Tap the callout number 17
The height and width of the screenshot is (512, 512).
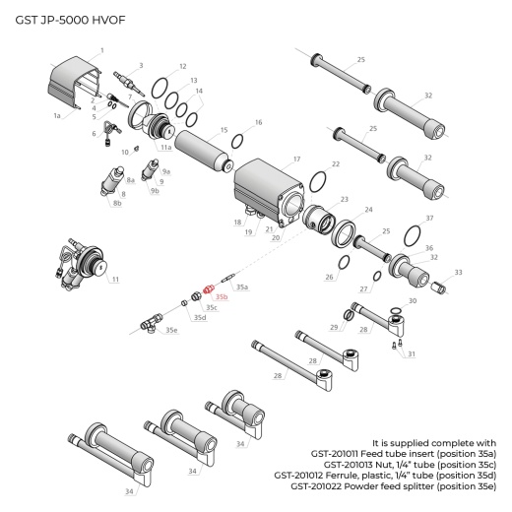click(296, 158)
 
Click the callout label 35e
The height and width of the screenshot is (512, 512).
click(172, 331)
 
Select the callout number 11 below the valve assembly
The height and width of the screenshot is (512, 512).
click(114, 281)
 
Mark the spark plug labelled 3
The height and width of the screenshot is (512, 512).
click(126, 77)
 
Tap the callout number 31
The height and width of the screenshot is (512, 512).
click(411, 353)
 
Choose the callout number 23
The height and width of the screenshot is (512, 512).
click(344, 199)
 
